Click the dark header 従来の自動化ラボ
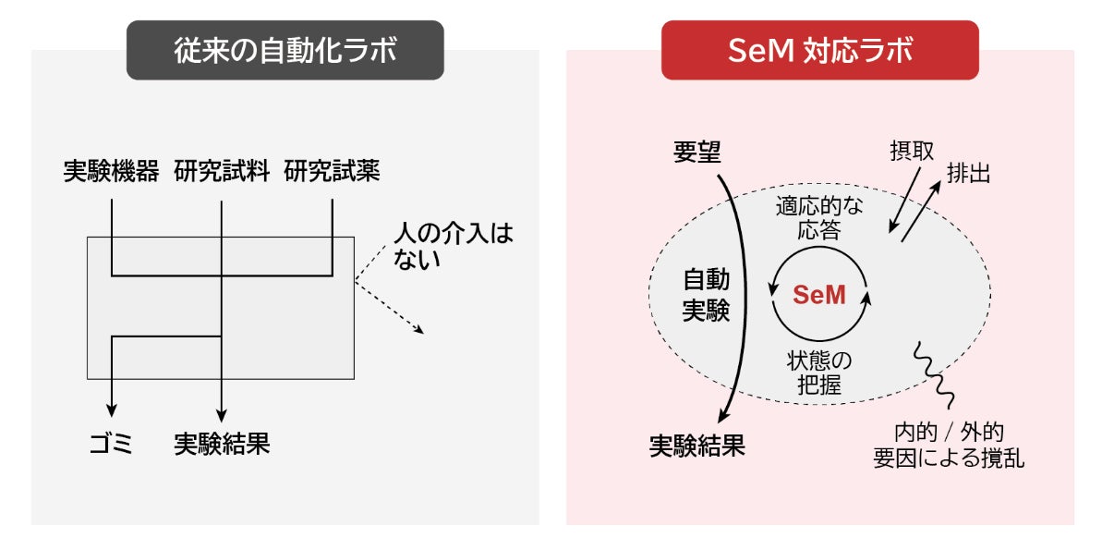click(285, 50)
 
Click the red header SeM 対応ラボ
click(819, 50)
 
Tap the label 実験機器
click(111, 171)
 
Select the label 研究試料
click(222, 171)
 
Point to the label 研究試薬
click(332, 171)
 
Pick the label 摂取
click(911, 151)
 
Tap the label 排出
click(967, 173)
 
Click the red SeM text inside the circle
click(819, 296)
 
